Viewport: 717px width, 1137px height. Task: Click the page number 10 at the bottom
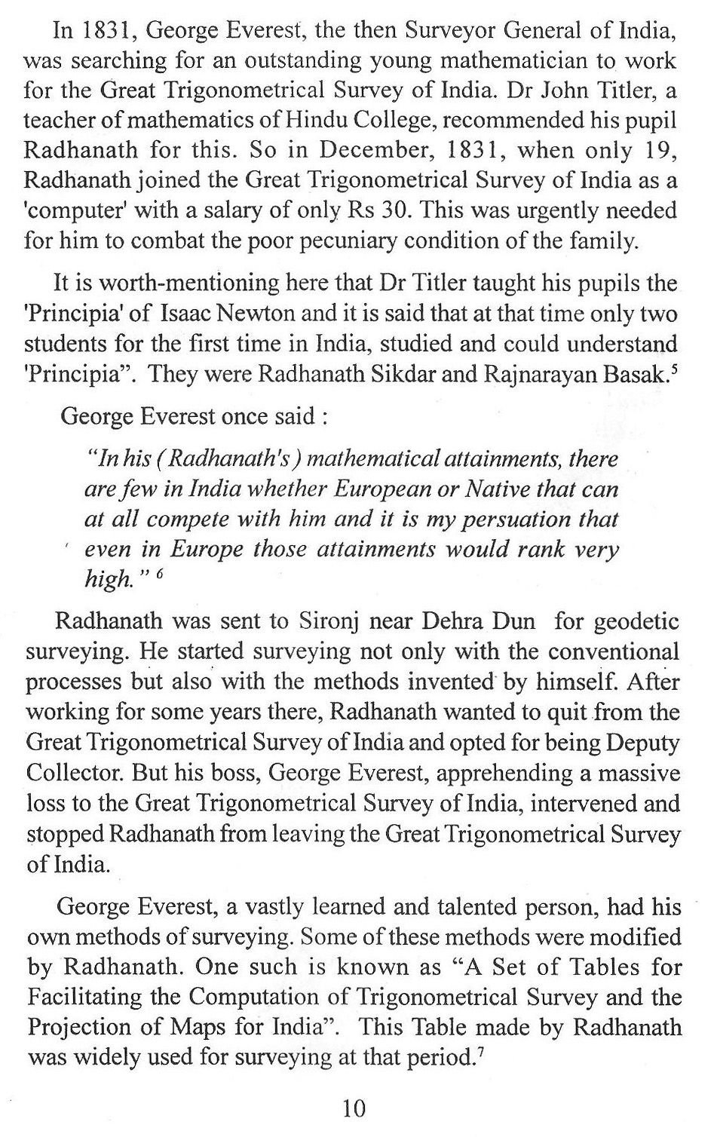pos(354,1108)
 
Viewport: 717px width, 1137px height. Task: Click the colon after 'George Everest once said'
pos(324,417)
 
